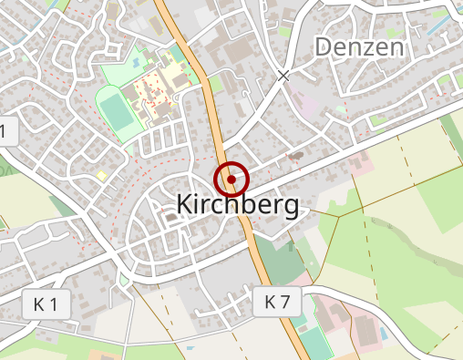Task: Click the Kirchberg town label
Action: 236,205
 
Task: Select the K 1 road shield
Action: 46,305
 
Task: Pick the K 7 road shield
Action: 277,302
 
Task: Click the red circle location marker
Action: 231,180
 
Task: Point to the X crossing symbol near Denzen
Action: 284,76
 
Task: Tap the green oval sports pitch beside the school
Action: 116,110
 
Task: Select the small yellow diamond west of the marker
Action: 102,174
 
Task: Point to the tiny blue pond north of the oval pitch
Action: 136,61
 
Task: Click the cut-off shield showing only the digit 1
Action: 5,132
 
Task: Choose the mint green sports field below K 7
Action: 314,342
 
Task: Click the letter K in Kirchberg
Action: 181,206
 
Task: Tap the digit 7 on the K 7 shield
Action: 284,302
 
